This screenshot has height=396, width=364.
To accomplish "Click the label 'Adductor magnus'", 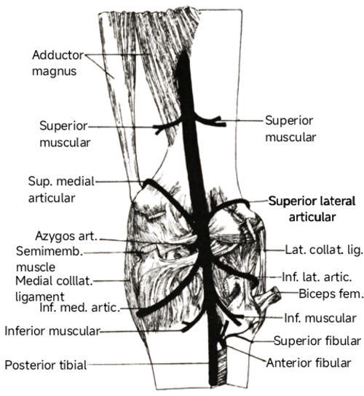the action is point(58,63).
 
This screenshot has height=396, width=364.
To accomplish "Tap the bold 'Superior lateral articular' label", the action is point(312,209).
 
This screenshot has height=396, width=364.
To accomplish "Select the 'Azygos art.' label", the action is point(66,236).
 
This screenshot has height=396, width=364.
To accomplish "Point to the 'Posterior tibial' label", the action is point(46,365).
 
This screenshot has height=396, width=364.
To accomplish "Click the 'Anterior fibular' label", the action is point(309,363).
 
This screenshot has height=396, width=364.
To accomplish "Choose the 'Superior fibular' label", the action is point(317,341).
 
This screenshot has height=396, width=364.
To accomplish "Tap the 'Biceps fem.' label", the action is point(331,293).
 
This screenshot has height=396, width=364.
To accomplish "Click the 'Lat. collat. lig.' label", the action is point(324,250).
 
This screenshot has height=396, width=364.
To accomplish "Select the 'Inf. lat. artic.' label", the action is point(317,277).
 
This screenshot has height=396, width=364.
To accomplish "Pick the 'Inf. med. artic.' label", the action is point(80,308).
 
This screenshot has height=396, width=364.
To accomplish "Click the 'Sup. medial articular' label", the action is point(61,189).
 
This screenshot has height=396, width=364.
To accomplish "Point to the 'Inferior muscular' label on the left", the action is point(52,330).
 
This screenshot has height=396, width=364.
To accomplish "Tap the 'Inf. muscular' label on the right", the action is point(320,318).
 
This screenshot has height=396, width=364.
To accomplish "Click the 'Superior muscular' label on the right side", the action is point(290,129).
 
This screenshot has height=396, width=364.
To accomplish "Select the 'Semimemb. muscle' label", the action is point(50,259).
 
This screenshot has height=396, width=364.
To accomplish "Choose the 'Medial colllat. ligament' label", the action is point(54,288).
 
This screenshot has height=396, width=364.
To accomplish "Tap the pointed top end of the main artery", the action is point(184,51).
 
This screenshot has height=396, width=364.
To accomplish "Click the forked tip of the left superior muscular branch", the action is point(158,130).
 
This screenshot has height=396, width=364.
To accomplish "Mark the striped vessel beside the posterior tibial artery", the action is point(222,365).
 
